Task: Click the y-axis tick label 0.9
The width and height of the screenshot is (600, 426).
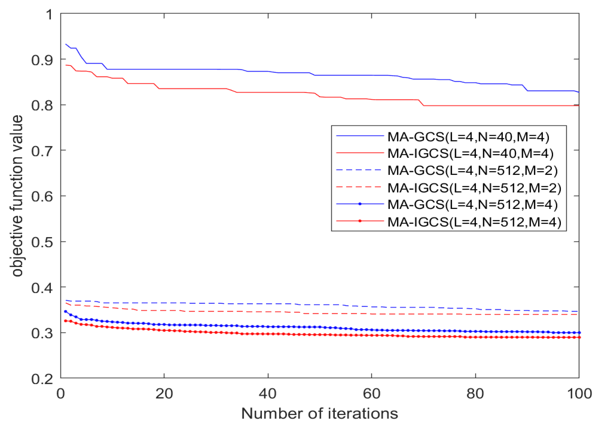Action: pos(42,60)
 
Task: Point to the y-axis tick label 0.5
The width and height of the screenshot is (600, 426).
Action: pos(42,242)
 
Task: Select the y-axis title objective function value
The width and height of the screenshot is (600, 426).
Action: pos(17,196)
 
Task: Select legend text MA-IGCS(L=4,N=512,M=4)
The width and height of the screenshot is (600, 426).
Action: pos(474,222)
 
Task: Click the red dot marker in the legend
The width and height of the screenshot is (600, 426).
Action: pos(360,221)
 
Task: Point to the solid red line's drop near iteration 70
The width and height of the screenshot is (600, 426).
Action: pos(421,103)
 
